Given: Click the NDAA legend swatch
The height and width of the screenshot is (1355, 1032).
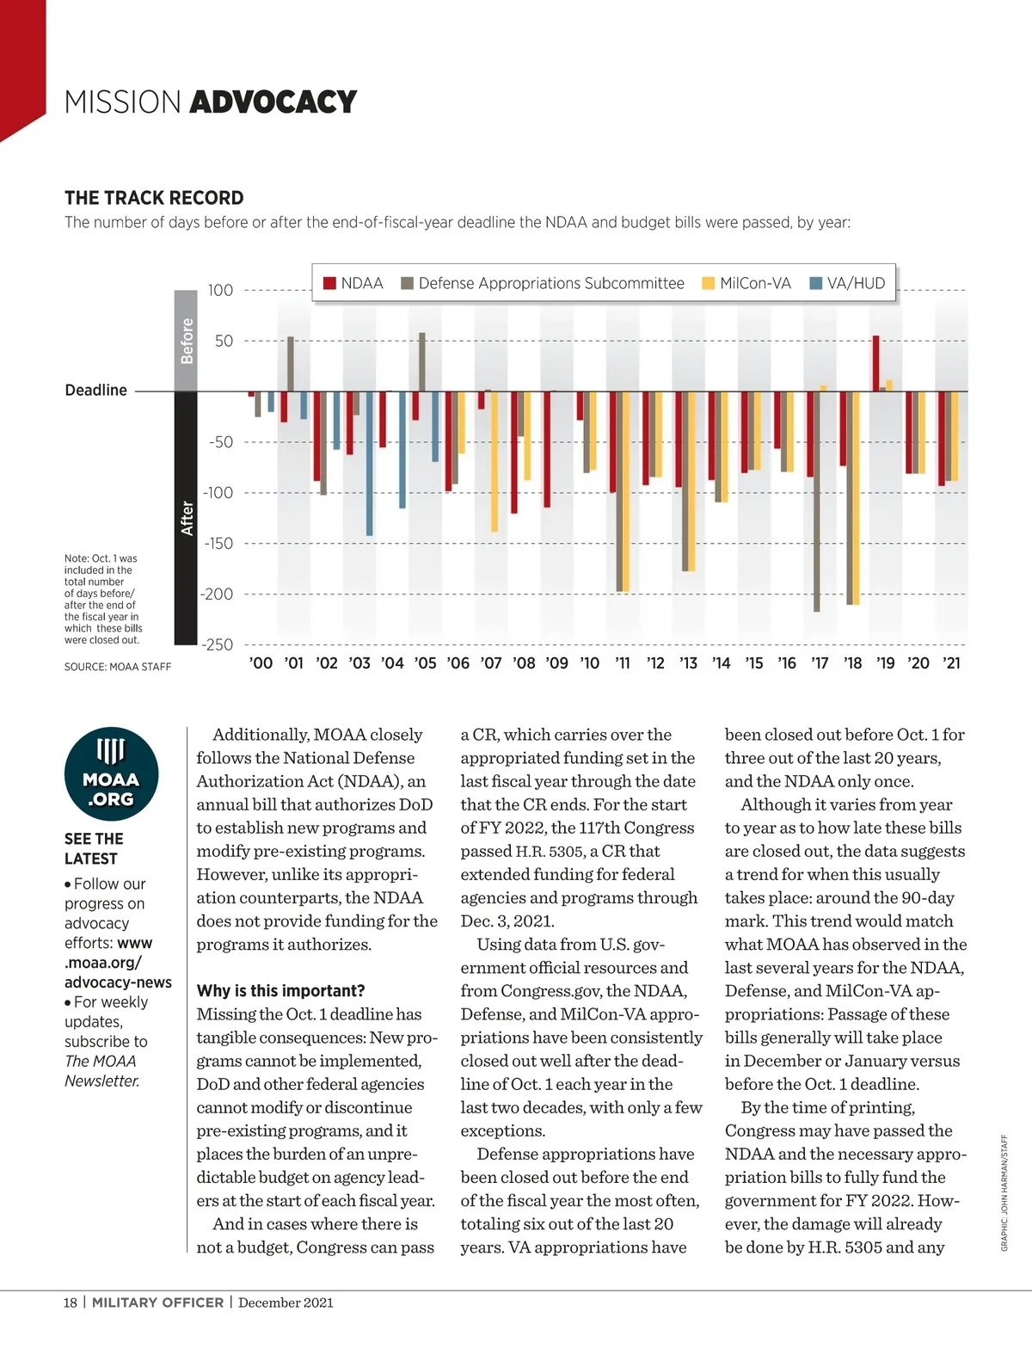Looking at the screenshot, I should tap(329, 284).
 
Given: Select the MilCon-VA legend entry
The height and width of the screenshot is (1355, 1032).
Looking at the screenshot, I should tap(746, 284).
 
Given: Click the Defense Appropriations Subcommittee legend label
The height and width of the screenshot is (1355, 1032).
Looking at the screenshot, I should tap(551, 284).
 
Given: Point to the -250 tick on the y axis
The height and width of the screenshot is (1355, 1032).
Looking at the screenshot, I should tap(218, 644).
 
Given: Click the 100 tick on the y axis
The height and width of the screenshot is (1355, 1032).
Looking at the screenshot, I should tap(220, 291).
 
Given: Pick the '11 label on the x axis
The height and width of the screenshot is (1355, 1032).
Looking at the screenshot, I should tap(623, 663).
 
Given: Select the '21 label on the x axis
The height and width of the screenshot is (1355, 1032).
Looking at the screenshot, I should tap(951, 663).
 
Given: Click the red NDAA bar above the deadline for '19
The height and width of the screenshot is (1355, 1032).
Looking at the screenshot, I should tap(875, 363).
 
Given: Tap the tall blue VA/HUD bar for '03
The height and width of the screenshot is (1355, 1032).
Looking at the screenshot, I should tap(370, 463).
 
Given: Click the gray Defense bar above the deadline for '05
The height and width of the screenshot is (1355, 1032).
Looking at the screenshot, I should tap(422, 362).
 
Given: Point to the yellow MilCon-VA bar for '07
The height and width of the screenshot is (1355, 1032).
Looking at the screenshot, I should tap(494, 461).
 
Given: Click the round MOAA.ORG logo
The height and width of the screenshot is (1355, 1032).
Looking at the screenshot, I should tap(111, 774).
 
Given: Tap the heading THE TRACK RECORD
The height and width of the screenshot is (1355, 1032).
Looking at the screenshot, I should tap(154, 198).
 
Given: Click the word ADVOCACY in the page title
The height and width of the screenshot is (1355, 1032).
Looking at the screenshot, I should tap(273, 102).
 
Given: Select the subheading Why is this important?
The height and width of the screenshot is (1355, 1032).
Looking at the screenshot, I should tap(280, 991).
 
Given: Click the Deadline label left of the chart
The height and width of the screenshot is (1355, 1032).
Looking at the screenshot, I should tap(96, 391).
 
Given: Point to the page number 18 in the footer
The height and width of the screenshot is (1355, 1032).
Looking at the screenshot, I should tap(71, 1303).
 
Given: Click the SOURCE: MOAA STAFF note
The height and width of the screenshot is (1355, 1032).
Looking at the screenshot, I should tap(118, 667).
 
